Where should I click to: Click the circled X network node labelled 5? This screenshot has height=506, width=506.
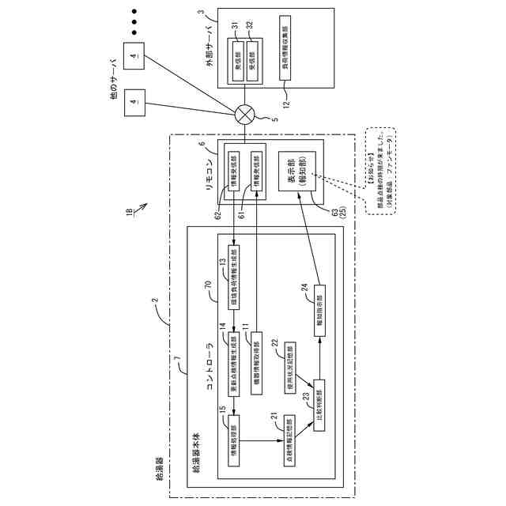[246, 117]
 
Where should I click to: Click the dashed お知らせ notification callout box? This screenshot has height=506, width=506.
[384, 172]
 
